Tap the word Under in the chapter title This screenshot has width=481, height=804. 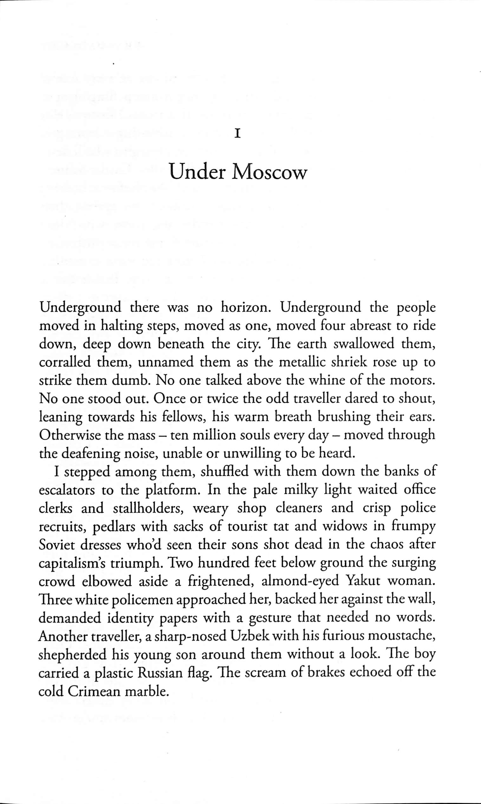(x=198, y=172)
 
